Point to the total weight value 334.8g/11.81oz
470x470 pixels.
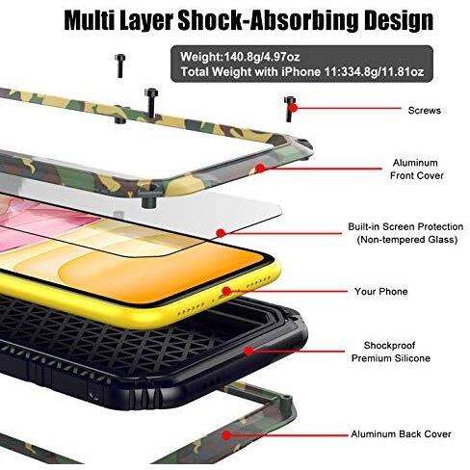375,71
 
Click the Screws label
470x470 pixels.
424,111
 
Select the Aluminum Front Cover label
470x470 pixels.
416,170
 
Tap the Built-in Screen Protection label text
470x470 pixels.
405,226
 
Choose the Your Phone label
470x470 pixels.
381,292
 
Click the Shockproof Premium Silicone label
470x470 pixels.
390,352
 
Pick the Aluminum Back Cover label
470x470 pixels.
401,434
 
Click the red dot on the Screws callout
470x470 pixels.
293,108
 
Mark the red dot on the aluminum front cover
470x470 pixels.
260,168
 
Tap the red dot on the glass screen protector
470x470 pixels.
221,233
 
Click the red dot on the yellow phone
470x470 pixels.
227,291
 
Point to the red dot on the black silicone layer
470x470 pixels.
248,351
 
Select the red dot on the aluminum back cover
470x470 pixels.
226,435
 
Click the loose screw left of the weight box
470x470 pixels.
119,65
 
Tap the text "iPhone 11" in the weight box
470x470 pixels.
302,71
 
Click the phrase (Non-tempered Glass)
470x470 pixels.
407,240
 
